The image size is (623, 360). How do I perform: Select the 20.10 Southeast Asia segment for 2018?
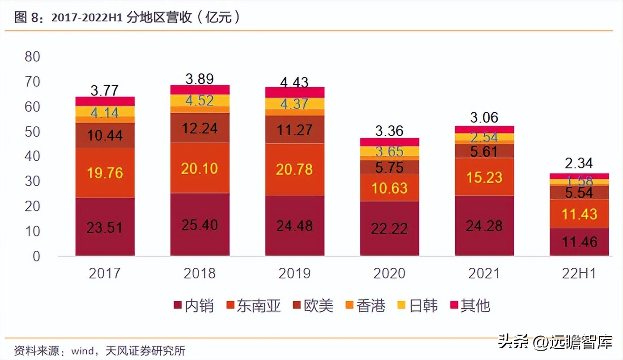coord(200,168)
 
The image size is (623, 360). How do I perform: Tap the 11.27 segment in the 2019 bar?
coord(294,129)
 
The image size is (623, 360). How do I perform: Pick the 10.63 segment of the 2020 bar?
coord(389,188)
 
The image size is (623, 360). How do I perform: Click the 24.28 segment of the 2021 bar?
coord(484,226)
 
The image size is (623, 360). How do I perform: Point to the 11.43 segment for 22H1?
coord(579,214)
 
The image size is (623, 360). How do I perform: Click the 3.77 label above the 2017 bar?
coord(105,90)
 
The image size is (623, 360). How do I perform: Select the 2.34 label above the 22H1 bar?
coord(579,163)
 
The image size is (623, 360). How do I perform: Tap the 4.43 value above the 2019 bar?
coord(294,82)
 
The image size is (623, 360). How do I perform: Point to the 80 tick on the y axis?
coord(33,57)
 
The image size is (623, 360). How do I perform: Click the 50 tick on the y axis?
coord(33,132)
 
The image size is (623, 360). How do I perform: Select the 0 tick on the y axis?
coord(36,256)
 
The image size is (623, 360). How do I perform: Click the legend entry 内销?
coord(193,306)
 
